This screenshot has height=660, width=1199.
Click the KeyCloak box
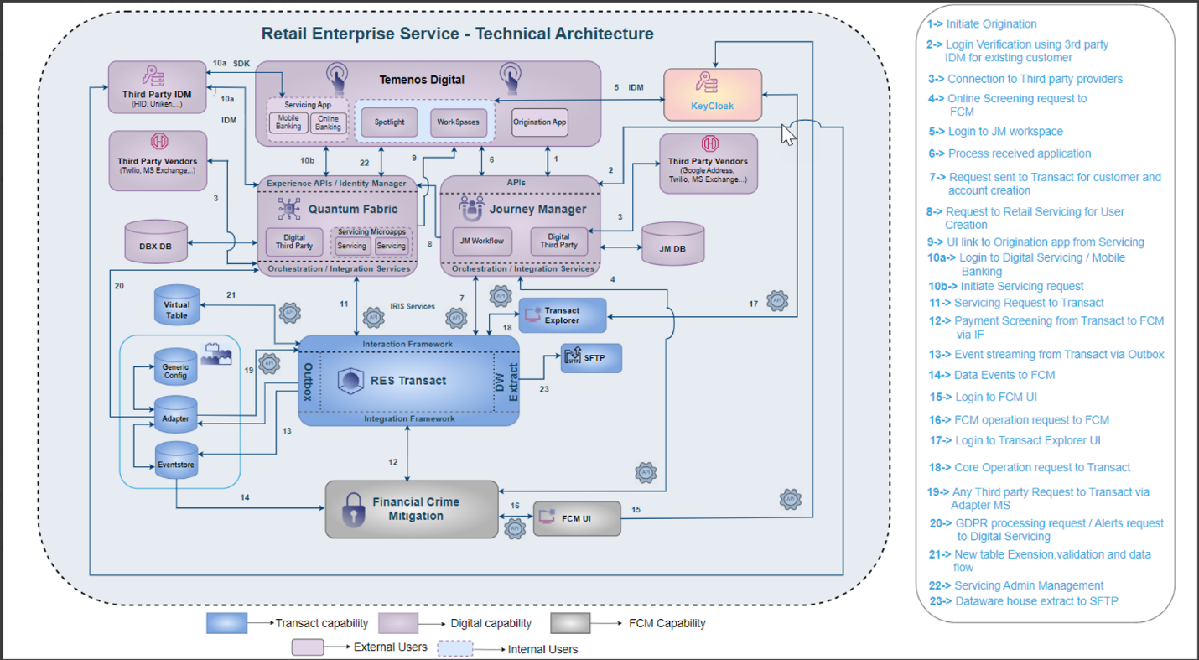click(x=713, y=94)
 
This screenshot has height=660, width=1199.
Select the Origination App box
click(x=539, y=122)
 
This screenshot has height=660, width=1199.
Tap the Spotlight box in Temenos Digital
click(x=389, y=122)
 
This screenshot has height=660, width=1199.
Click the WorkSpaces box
click(x=458, y=122)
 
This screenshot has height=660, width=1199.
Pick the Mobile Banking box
click(x=288, y=122)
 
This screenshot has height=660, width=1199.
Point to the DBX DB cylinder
click(x=154, y=245)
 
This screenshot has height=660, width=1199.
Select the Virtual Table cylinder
click(x=177, y=307)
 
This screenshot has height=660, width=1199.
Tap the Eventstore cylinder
click(x=177, y=461)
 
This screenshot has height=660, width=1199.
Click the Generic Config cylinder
click(x=176, y=370)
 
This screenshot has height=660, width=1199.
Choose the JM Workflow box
click(x=482, y=241)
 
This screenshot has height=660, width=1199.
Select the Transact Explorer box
click(x=562, y=315)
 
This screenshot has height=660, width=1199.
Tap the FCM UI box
click(x=577, y=519)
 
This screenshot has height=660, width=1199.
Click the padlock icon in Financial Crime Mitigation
click(x=352, y=509)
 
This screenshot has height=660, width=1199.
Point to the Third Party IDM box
click(x=158, y=87)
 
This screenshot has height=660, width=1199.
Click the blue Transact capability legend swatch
click(x=227, y=623)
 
